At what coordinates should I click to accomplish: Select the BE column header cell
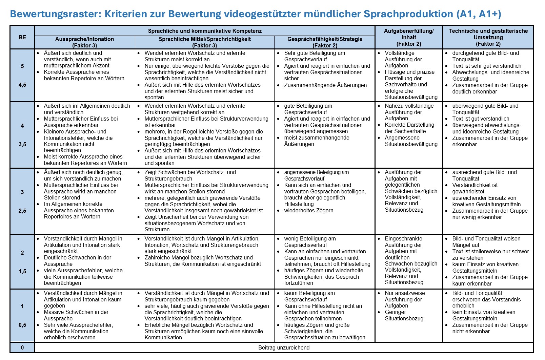22,37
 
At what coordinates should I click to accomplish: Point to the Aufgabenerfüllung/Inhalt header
408,37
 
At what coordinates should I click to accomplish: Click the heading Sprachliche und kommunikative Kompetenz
205,31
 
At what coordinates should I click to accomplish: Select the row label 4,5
22,85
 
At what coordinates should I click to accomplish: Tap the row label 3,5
22,145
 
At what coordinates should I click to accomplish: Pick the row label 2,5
22,211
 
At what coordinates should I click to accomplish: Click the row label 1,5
22,271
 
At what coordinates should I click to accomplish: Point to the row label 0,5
22,325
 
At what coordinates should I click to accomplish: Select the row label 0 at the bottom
22,347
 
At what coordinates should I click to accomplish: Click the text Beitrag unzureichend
284,347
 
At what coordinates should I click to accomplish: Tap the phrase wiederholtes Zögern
308,211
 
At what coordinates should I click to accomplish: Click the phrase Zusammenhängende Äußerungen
325,85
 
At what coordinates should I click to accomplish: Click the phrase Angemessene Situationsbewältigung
411,141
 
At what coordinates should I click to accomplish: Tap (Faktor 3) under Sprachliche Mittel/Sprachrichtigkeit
204,45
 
